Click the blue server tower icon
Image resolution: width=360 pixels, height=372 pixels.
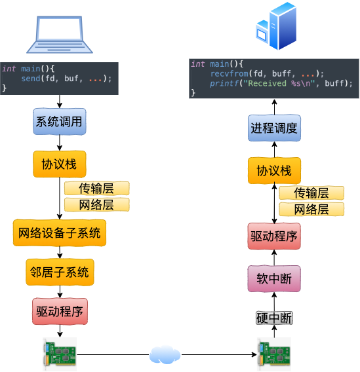tap(276, 27)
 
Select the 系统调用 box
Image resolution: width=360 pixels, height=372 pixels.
tap(60, 122)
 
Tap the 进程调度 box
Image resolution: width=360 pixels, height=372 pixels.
tap(274, 128)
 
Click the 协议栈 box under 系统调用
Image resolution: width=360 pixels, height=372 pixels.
tap(60, 164)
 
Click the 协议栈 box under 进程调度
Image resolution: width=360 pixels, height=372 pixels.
tap(274, 171)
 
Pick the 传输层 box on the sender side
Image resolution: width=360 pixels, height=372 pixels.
tap(96, 189)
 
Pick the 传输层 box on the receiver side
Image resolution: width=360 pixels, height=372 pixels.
tap(311, 193)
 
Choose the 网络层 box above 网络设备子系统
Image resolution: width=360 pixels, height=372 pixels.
tap(96, 205)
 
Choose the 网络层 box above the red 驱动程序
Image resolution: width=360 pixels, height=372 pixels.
tap(311, 210)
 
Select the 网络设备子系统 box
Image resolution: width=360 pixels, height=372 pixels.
tap(60, 232)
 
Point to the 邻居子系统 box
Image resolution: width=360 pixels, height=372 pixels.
tap(60, 272)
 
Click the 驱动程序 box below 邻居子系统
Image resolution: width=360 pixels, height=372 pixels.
tap(60, 312)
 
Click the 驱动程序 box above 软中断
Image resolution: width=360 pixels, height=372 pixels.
tap(274, 236)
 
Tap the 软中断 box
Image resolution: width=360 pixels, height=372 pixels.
tap(274, 279)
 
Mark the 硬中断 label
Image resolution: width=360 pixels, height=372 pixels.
tap(274, 318)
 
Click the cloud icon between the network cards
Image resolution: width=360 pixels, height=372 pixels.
tap(165, 354)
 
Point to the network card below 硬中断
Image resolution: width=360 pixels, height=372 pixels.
tap(273, 354)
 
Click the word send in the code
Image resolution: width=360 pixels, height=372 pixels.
tap(30, 79)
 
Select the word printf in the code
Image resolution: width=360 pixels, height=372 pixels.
tap(223, 84)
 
